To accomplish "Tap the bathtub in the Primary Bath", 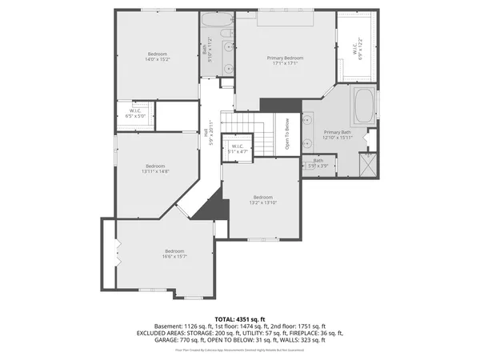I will pos(363,105).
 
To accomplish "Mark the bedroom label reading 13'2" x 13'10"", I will pos(263,201).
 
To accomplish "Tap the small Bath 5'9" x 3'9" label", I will pos(318,162).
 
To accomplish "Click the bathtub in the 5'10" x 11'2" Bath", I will pos(216,22).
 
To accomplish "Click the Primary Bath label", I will pos(338,134).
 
